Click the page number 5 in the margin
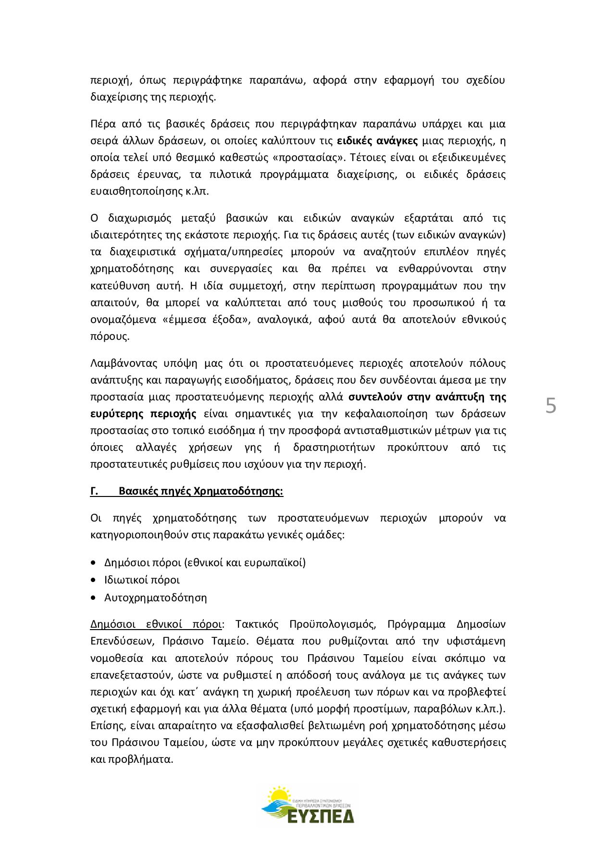click(551, 406)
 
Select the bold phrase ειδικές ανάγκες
click(377, 141)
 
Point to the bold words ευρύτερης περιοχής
click(143, 414)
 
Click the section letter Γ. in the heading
click(94, 491)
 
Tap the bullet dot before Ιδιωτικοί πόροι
click(93, 580)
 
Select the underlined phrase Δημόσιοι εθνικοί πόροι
click(156, 624)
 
